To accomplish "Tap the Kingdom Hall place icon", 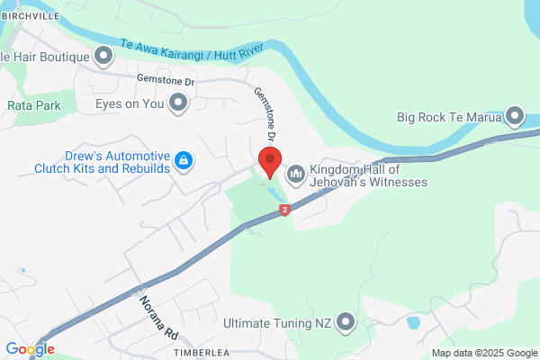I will pos(295,173).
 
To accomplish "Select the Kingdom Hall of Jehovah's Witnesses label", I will pos(367,175).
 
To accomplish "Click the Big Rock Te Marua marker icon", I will pos(515,117).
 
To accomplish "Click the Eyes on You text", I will pos(130,104).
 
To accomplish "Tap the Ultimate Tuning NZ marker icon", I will pos(345,322).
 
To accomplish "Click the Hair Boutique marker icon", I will pos(103,58).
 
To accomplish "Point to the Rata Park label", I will pos(33,105).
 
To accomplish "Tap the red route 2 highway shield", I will pos(284,211).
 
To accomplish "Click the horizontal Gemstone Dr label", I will pos(166,81).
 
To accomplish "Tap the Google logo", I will pos(30,349).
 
